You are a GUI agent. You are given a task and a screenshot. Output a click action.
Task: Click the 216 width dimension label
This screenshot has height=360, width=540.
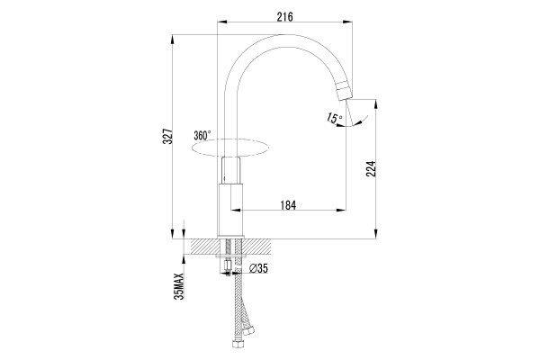pyautogui.click(x=284, y=16)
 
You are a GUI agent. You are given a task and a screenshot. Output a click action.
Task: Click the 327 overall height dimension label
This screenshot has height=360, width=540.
pyautogui.click(x=167, y=137)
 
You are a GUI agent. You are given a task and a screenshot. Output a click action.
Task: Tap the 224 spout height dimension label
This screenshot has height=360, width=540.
pyautogui.click(x=371, y=168)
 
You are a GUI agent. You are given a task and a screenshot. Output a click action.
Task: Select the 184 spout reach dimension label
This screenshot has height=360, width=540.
pyautogui.click(x=288, y=205)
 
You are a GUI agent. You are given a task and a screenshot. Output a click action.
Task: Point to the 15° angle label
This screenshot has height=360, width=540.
pyautogui.click(x=334, y=118)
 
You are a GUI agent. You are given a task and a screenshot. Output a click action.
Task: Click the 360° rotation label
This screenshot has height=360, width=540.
pyautogui.click(x=202, y=135)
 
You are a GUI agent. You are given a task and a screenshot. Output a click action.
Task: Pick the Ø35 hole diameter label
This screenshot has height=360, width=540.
pyautogui.click(x=258, y=268)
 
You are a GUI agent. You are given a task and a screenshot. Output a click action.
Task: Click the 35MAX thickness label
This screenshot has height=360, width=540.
pyautogui.click(x=179, y=286)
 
